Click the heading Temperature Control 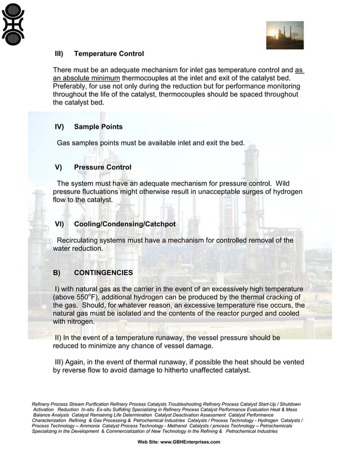109,54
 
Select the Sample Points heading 98,126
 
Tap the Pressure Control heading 103,167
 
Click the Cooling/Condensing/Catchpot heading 125,224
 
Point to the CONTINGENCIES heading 103,272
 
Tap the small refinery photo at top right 284,35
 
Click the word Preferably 72,86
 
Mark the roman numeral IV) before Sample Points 59,126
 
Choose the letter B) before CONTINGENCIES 56,272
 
